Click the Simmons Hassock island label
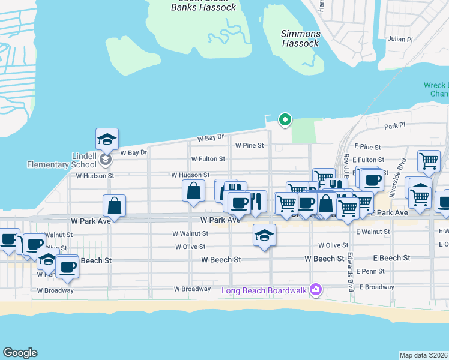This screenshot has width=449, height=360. click(301, 39)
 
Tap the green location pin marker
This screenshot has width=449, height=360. click(286, 120)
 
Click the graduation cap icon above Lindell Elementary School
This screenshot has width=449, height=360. click(107, 139)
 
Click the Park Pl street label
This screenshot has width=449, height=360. click(396, 127)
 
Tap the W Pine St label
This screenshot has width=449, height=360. click(250, 146)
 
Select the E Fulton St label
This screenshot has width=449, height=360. click(367, 160)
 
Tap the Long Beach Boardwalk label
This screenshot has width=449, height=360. click(264, 290)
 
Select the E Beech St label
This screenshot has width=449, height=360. click(391, 258)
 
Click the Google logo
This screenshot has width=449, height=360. click(20, 353)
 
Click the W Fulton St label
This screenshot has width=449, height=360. click(208, 159)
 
